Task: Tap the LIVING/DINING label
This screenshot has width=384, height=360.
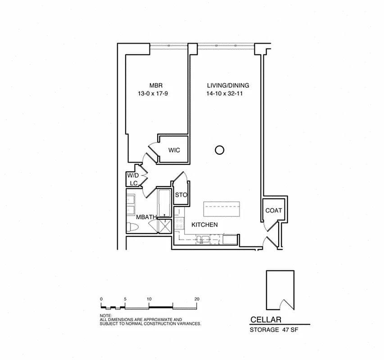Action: tap(228, 85)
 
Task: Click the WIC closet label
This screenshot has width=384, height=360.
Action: tap(174, 150)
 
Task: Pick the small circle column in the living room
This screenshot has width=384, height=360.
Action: tap(219, 150)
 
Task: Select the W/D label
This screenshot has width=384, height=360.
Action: tap(132, 175)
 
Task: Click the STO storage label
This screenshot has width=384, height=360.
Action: tap(181, 195)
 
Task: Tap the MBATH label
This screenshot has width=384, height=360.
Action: tap(146, 217)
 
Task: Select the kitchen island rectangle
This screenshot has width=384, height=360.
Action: tap(222, 209)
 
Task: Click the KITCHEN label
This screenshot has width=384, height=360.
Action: tap(205, 225)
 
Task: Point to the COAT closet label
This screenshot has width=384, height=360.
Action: tap(273, 210)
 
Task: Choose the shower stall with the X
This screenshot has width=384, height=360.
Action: tap(164, 226)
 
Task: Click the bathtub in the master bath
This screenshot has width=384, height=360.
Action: tap(164, 202)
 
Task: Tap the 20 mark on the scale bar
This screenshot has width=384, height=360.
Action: tap(196, 299)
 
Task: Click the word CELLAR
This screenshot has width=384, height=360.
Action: tap(266, 320)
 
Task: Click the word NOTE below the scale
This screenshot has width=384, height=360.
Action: tap(105, 316)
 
